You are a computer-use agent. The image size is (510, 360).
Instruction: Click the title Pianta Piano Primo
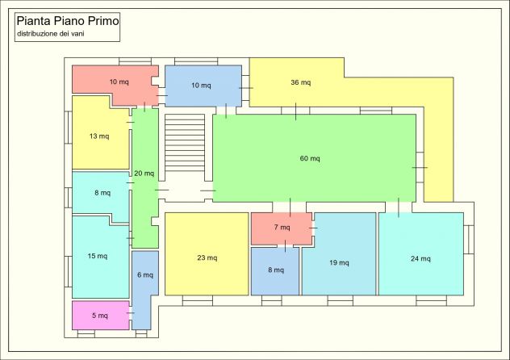[68, 21]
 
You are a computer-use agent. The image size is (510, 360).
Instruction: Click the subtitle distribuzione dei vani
[50, 33]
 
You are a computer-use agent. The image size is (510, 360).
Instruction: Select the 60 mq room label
[310, 158]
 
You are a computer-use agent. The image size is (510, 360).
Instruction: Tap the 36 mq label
[300, 82]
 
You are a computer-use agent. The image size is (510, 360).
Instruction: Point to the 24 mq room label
[420, 258]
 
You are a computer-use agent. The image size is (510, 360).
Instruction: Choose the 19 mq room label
[339, 262]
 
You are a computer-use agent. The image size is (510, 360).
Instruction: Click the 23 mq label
[207, 257]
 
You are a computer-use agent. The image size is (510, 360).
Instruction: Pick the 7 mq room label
[282, 227]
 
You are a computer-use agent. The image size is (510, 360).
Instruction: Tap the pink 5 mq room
[101, 316]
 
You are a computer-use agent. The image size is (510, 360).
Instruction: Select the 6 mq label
[145, 274]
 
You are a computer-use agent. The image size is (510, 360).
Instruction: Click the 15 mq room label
[98, 256]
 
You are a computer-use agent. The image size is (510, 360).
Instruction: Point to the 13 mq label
[99, 136]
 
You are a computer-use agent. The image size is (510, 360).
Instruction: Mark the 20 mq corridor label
[144, 174]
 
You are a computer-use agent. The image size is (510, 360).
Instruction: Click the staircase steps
[185, 142]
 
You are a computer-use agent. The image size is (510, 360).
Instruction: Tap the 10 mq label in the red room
[119, 82]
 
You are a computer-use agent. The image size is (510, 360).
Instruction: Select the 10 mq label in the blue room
[201, 86]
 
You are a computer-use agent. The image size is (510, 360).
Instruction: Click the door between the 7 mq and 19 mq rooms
[313, 228]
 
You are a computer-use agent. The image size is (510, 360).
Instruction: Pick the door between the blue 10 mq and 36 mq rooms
[245, 88]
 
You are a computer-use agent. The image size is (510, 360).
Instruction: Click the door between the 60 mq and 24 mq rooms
[399, 207]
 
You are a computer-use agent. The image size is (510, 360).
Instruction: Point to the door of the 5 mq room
[131, 313]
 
